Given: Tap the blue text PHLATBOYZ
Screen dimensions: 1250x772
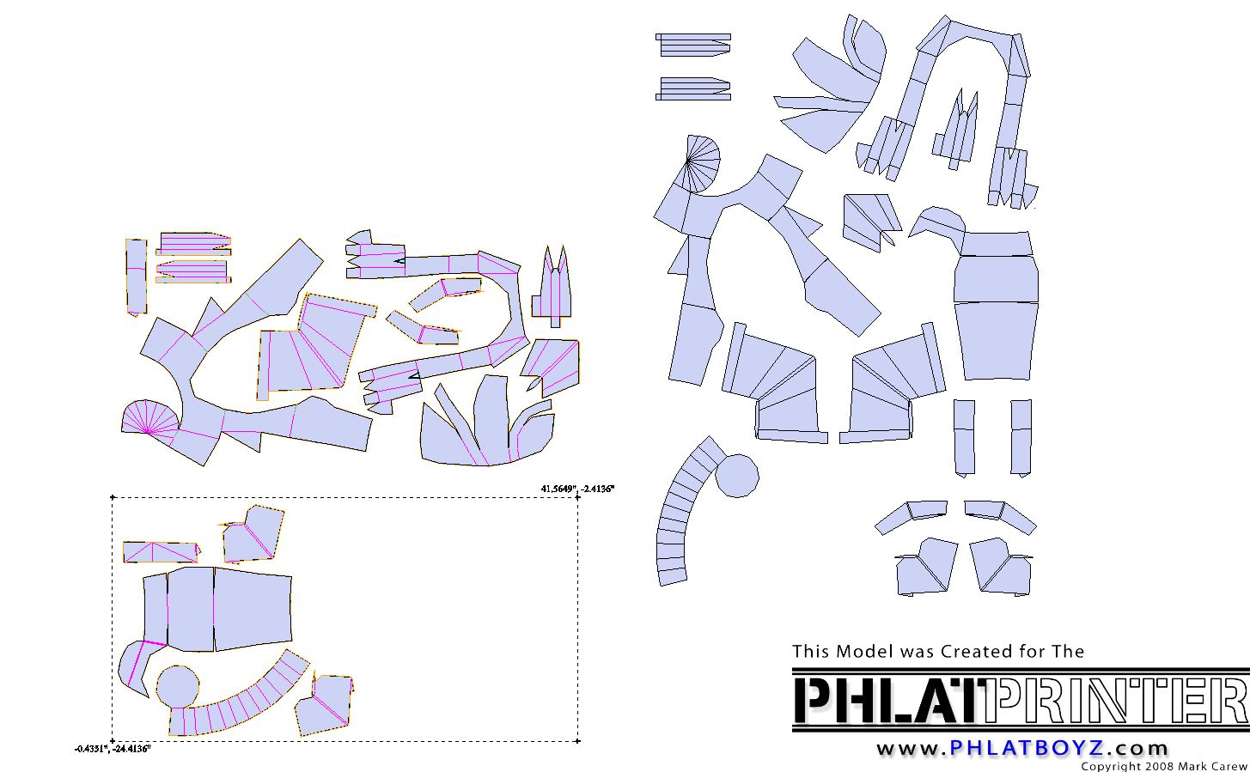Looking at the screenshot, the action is pyautogui.click(x=1027, y=747).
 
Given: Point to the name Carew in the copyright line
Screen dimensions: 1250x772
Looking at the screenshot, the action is pyautogui.click(x=1229, y=767).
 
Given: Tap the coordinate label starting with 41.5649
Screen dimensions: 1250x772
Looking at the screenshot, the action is pyautogui.click(x=577, y=489).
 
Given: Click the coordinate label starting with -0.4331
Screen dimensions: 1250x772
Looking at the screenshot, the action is pyautogui.click(x=113, y=749).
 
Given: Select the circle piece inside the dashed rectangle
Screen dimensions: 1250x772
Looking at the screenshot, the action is pyautogui.click(x=178, y=686).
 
